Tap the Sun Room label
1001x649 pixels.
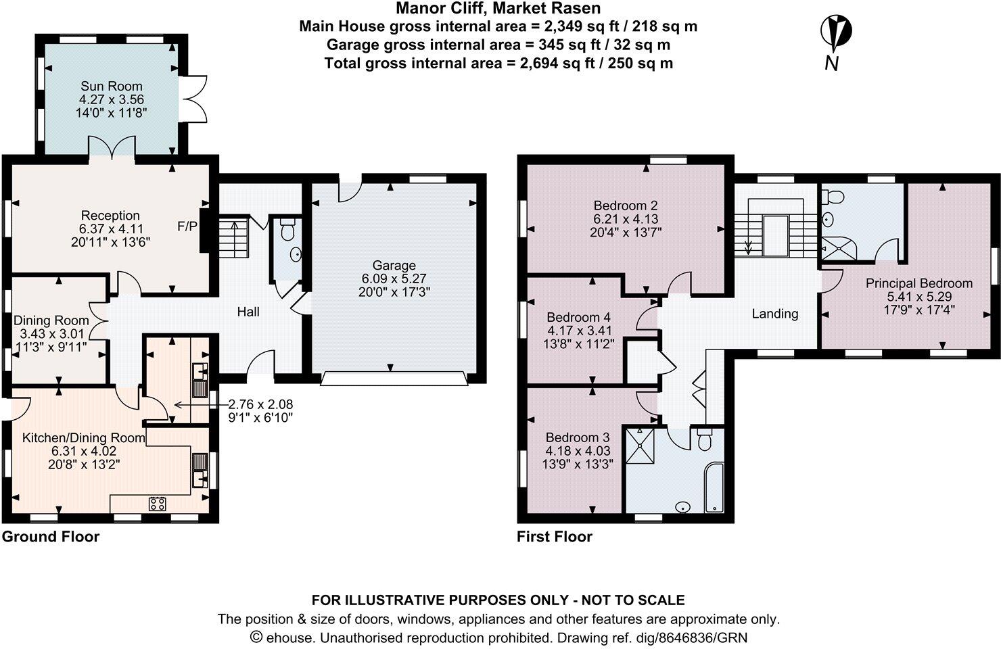coord(112,86)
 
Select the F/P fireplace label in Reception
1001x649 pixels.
coord(187,226)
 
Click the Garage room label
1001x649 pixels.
coord(394,266)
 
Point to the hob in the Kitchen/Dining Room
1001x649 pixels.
coord(158,503)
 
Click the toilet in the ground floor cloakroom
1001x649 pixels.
coord(287,231)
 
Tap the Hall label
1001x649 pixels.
coord(248,312)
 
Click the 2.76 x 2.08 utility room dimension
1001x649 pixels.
coord(260,404)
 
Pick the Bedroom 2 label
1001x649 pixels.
coord(626,206)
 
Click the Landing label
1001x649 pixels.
coord(775,314)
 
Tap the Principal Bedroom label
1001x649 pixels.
coord(918,283)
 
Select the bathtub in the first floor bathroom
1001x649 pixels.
coord(714,487)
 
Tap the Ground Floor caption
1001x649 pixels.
coord(51,537)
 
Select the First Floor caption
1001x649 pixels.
coord(555,537)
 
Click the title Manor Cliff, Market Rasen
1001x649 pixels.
coord(498,9)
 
